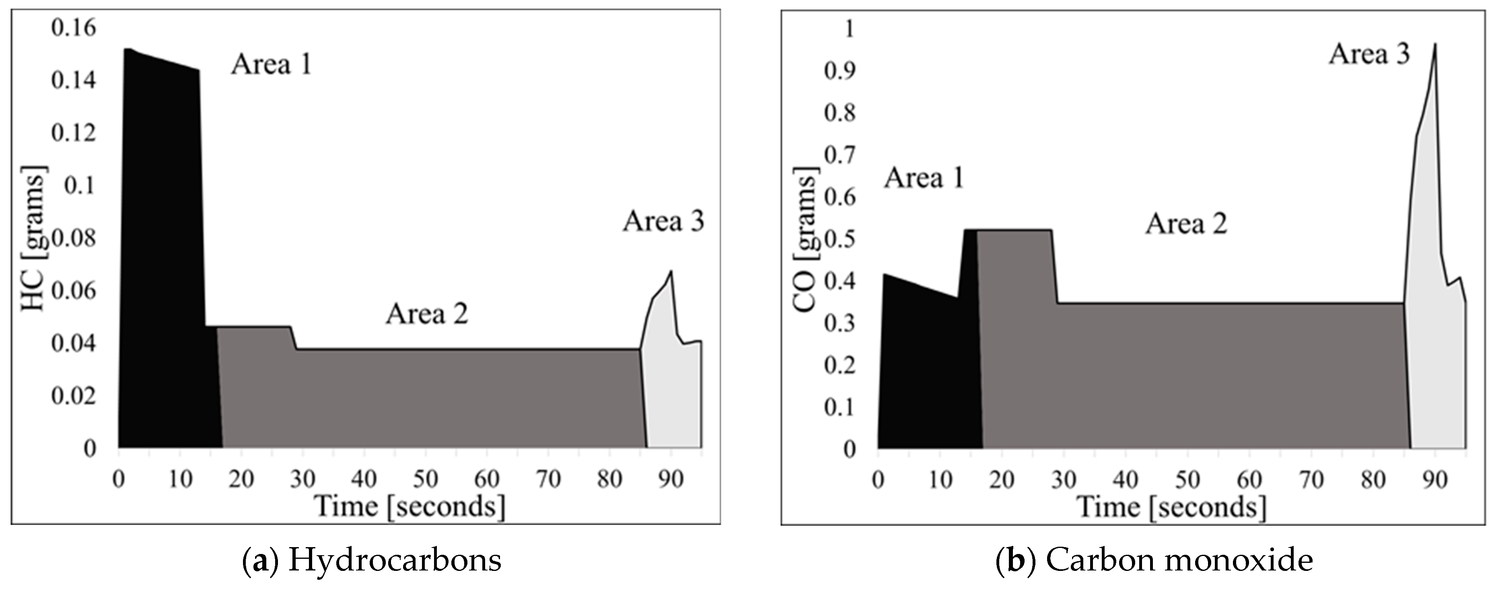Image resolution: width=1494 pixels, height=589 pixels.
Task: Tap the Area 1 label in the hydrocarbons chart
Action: [272, 64]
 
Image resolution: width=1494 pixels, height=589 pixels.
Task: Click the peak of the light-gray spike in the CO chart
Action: [1435, 45]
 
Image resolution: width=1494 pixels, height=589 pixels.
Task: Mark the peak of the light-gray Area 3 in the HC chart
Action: [671, 271]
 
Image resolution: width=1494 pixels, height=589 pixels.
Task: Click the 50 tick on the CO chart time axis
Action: [1187, 479]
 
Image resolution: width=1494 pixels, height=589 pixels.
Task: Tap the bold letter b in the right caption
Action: [1016, 561]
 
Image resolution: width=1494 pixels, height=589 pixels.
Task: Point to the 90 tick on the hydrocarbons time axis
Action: [671, 479]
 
